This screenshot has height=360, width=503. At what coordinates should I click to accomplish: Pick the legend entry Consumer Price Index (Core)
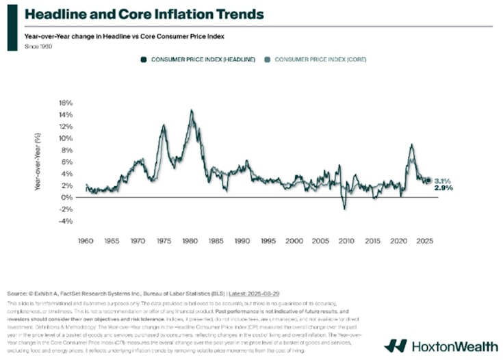316,60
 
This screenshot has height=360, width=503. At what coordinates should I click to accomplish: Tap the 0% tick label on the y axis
66,198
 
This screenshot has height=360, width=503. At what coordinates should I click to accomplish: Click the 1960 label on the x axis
86,242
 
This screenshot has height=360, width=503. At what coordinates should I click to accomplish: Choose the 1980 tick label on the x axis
190,242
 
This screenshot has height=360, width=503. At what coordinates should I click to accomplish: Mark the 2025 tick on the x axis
424,242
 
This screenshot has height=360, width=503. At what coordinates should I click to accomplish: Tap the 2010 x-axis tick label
346,242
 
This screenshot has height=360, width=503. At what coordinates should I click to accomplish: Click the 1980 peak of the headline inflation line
192,111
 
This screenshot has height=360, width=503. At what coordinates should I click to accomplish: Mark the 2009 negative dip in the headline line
345,208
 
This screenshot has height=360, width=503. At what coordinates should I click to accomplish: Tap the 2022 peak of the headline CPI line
411,144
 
